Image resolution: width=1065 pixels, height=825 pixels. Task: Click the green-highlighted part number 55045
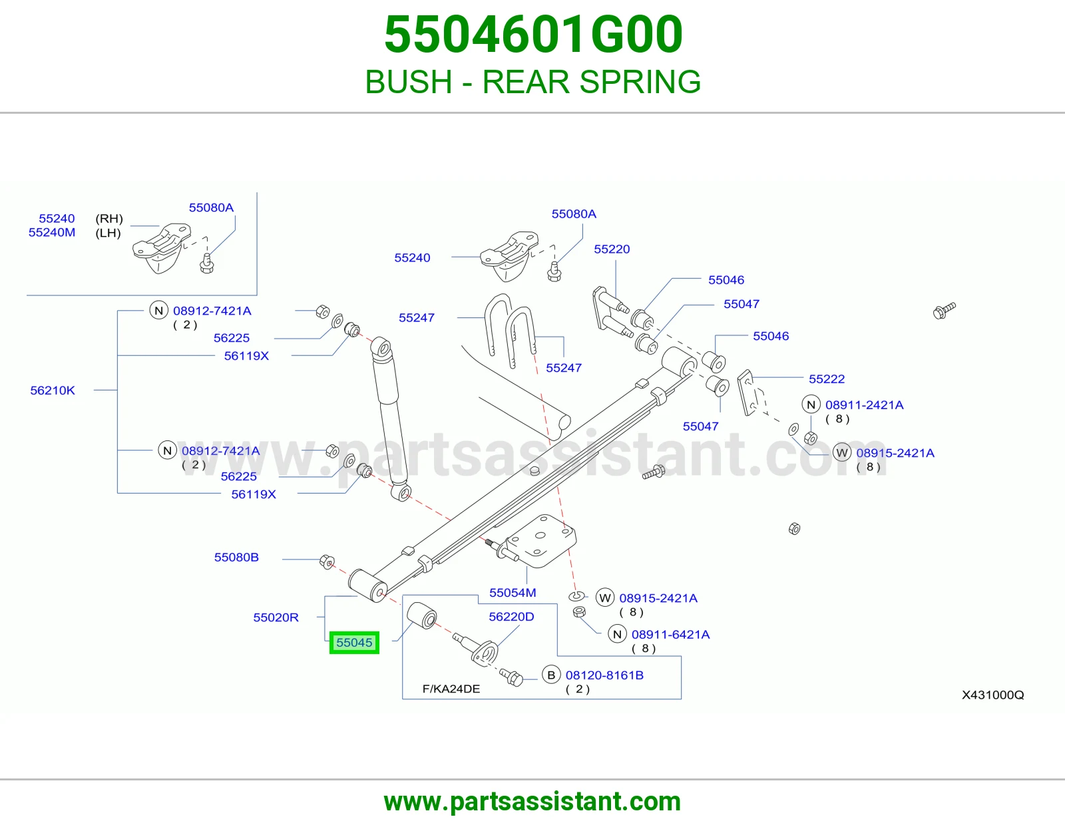(354, 642)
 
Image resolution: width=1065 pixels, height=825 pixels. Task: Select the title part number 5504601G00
(533, 35)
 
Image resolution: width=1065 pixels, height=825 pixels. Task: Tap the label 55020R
(276, 617)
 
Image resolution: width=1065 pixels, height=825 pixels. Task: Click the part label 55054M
(513, 593)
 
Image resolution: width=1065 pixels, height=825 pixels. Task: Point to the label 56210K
(53, 391)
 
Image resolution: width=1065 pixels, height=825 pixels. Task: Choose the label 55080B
(236, 557)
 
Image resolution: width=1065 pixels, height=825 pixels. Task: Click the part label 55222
(826, 379)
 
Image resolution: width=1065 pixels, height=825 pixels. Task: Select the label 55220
(612, 249)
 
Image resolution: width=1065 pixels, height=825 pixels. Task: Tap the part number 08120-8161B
(604, 675)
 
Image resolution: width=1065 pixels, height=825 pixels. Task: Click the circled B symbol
(551, 675)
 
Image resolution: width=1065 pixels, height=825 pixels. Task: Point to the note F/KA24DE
(451, 689)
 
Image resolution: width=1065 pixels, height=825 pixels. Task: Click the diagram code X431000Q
(992, 695)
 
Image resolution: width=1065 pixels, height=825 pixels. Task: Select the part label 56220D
(511, 617)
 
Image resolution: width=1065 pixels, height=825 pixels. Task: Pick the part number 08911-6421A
(670, 635)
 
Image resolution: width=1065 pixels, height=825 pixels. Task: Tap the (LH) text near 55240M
(108, 233)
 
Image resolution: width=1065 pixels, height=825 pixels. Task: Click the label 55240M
(52, 232)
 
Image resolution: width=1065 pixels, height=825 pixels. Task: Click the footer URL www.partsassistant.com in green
(532, 801)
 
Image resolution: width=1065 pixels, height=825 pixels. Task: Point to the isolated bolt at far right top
(944, 311)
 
